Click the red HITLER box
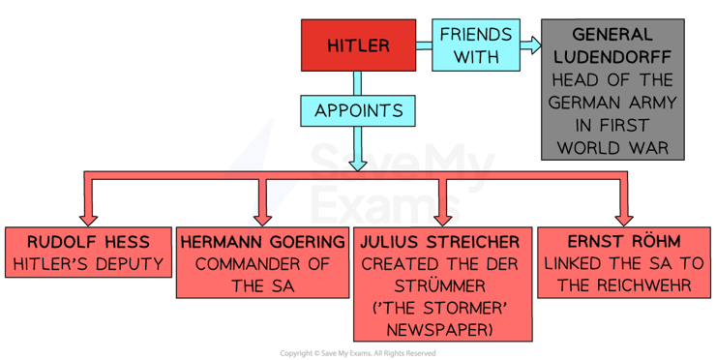358,45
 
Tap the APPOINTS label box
358,110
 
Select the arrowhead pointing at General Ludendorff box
530,45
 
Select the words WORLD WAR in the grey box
612,149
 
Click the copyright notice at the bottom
359,353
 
